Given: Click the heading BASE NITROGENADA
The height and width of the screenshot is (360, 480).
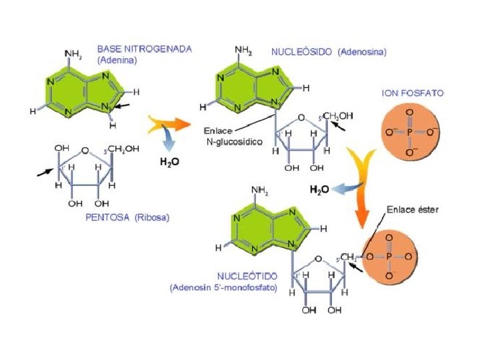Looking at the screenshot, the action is point(144,49).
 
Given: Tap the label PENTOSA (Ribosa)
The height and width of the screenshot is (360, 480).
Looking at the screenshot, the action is point(127,217).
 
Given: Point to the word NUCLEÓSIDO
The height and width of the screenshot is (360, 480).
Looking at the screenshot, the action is point(302,51).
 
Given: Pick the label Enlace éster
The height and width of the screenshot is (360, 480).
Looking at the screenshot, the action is point(412,210).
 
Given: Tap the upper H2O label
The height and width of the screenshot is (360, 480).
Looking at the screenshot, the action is point(168,161).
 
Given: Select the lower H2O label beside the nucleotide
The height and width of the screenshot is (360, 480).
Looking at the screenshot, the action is point(319,189).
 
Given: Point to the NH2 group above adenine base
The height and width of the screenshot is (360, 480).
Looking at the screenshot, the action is point(73,53).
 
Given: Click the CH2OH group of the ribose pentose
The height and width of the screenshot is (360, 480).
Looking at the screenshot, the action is point(124,149).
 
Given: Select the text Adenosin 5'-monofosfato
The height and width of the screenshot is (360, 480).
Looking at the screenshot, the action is point(223,287).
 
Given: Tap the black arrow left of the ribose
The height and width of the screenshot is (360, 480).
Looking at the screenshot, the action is point(45,172).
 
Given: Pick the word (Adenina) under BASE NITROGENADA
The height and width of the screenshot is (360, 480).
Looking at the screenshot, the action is point(117,59).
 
